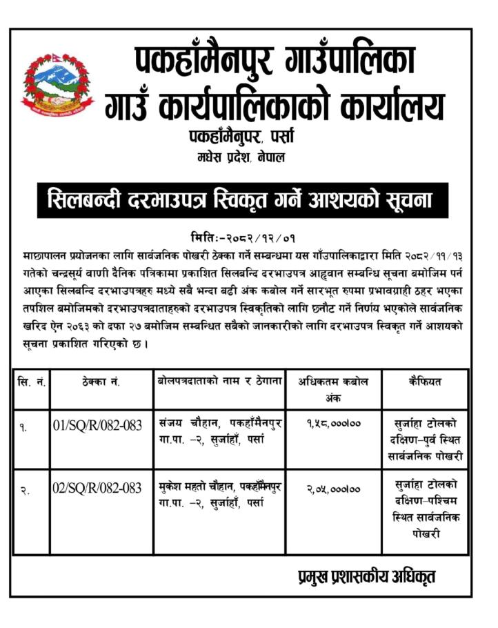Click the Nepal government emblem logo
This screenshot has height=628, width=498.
(52, 84)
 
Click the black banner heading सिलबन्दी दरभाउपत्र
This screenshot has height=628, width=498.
(242, 201)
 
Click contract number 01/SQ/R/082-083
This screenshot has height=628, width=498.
(97, 425)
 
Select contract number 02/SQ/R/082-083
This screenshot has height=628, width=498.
(97, 489)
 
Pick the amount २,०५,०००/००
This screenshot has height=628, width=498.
(334, 489)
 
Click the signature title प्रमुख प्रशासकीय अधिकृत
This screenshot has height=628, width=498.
(362, 576)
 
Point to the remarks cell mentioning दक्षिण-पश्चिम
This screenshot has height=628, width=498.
(425, 509)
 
